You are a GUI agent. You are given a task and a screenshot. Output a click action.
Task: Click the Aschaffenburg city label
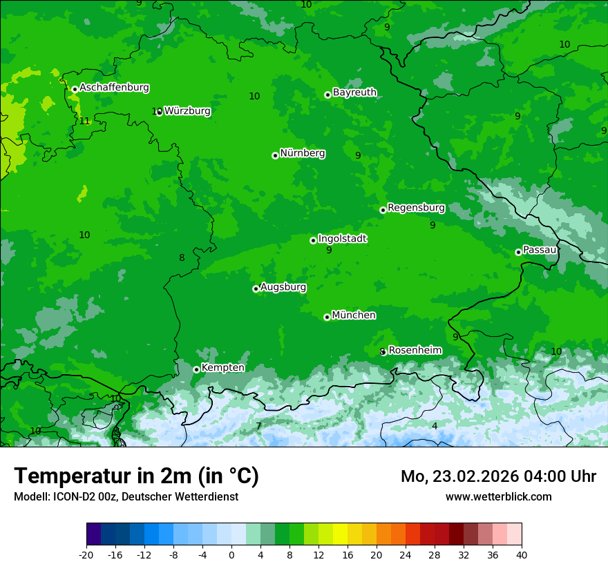(x=114, y=88)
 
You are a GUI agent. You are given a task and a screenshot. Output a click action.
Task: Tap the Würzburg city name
(x=187, y=110)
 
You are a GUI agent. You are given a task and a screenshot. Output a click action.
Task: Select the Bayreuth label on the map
(x=354, y=93)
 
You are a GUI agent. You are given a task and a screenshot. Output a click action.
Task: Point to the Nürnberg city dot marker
(x=275, y=155)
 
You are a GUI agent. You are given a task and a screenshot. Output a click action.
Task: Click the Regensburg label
(x=416, y=208)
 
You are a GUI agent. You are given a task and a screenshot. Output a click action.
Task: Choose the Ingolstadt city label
(x=342, y=239)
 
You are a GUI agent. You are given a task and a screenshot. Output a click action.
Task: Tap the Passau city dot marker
(x=518, y=252)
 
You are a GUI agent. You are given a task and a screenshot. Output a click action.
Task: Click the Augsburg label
(x=283, y=287)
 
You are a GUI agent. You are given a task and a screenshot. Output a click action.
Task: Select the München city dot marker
(x=327, y=318)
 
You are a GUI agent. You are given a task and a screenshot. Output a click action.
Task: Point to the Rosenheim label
(x=415, y=351)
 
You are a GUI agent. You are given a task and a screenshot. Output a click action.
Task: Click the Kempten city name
(x=222, y=368)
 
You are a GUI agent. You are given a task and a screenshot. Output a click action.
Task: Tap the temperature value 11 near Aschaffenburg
(x=84, y=121)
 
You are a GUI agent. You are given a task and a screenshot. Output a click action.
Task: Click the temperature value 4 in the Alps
(x=435, y=426)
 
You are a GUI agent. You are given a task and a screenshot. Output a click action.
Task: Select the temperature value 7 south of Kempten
(x=258, y=426)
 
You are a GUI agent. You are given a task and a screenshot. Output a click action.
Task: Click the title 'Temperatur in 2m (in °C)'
(x=136, y=476)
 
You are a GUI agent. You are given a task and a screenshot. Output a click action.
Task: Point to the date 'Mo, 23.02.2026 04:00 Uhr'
(x=498, y=476)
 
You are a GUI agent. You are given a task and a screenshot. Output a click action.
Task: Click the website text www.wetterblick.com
(x=498, y=496)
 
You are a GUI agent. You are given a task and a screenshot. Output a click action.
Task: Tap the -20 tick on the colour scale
(x=86, y=554)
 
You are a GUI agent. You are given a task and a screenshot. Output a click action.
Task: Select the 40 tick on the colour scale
(x=521, y=554)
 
